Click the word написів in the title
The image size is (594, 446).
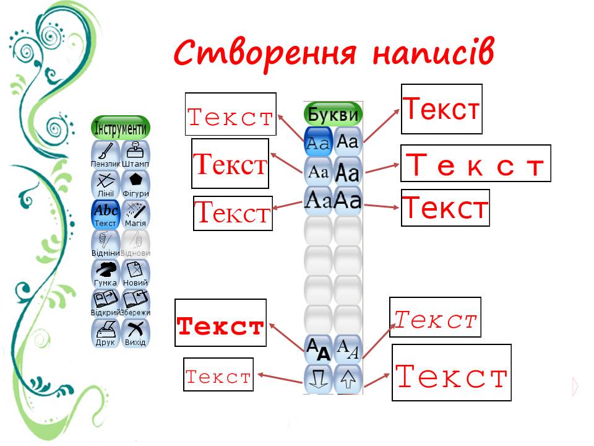pos(433,53)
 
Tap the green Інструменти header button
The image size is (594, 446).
pos(121,128)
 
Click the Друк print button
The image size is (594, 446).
pos(105,333)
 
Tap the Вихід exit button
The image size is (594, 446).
pos(136,333)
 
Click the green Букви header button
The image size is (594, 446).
pos(333,114)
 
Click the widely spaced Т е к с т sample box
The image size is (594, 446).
pos(475,164)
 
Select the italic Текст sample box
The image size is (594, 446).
pos(435,320)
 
